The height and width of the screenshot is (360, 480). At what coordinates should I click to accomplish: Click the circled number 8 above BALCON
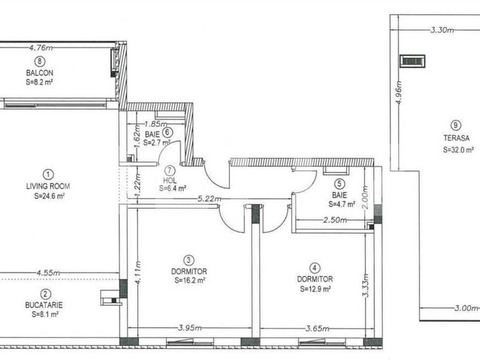point(40,62)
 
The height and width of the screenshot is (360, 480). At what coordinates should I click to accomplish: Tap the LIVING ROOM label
point(48,186)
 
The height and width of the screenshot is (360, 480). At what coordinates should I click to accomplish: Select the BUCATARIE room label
point(44,305)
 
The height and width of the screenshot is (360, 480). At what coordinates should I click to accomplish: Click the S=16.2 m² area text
point(190,280)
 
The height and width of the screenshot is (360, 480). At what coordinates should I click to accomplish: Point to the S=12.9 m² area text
point(315,289)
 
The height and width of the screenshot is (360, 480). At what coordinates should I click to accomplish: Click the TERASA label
point(456,138)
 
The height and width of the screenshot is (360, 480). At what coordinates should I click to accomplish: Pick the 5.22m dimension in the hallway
point(209,199)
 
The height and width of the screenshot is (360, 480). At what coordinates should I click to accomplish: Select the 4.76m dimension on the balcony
point(41,48)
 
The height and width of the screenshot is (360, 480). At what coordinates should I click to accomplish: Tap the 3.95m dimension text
point(190,328)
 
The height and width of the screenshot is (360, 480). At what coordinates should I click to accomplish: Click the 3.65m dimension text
point(318,329)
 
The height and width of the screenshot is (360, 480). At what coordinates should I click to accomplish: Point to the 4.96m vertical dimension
point(399,93)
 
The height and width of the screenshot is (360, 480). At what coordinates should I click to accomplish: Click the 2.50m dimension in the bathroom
point(335,220)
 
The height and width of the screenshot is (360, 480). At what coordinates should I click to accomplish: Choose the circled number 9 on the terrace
point(456,125)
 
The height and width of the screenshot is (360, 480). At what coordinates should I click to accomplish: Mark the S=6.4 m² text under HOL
point(173,189)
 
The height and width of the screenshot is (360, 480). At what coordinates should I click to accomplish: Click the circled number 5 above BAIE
point(340,184)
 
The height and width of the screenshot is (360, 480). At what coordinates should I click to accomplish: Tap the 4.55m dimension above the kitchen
point(49,273)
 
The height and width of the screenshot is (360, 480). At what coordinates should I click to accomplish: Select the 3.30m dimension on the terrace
point(443,30)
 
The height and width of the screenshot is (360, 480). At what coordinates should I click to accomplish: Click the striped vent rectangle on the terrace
point(413,61)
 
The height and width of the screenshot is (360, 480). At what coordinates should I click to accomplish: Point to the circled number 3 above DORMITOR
point(188,260)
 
